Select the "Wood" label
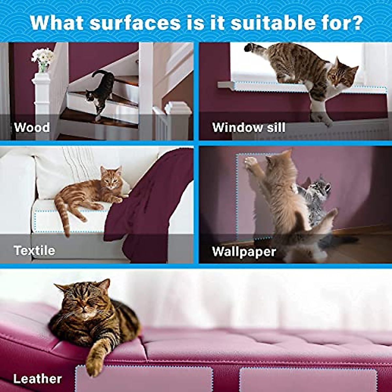pos(32,127)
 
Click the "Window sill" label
pos(249,127)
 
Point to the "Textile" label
pos(34,251)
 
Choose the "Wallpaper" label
pos(244,252)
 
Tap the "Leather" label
pos(37,379)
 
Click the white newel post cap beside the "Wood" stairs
pos(178,108)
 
